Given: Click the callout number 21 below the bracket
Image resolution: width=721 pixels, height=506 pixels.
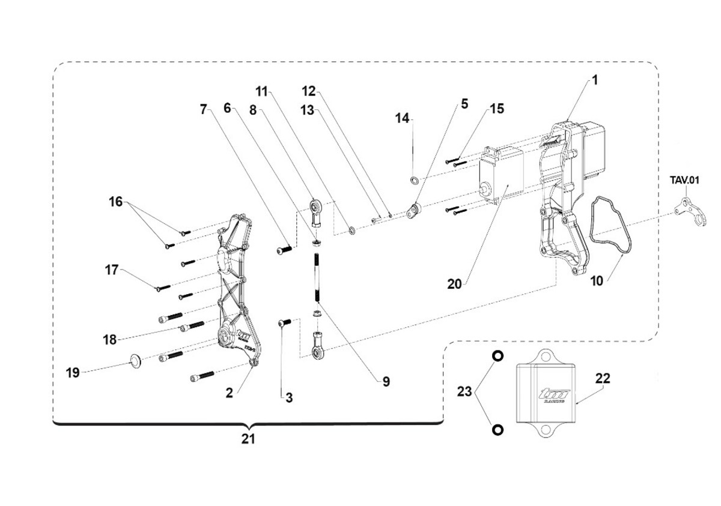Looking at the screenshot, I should [x=248, y=439].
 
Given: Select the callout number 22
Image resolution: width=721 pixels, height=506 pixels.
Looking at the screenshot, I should [x=603, y=378].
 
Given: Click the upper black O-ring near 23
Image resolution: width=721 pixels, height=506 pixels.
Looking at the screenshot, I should [x=497, y=356].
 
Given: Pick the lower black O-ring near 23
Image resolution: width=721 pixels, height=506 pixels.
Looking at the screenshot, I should [x=497, y=430].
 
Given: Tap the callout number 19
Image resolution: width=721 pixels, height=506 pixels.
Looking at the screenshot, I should [x=72, y=373].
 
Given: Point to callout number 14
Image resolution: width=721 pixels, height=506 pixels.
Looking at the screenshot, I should [x=401, y=119].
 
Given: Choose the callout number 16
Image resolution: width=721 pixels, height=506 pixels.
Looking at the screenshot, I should [x=115, y=201].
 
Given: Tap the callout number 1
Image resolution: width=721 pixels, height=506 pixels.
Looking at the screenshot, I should [x=595, y=79].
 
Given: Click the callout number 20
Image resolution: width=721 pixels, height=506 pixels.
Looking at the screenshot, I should [x=455, y=284].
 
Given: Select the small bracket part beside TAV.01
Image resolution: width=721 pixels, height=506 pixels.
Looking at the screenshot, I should [x=687, y=212].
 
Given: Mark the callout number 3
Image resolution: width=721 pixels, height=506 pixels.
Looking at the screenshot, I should [x=289, y=397].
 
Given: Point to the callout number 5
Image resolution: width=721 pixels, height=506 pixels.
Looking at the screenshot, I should [x=464, y=103].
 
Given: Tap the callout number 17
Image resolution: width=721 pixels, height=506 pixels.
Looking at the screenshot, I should [x=112, y=270].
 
